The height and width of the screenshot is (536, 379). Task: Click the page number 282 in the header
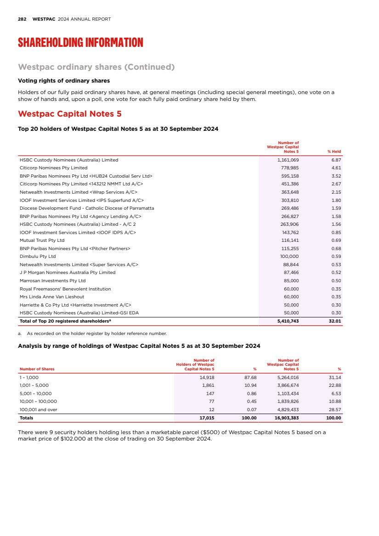pos(22,19)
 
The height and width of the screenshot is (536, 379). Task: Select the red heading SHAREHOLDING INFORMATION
pos(80,43)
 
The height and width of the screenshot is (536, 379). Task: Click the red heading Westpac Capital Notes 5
pos(69,113)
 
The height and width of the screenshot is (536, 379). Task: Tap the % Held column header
pos(334,151)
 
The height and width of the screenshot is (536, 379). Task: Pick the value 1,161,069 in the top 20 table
pos(288,160)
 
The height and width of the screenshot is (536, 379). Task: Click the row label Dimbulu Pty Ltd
pos(38,257)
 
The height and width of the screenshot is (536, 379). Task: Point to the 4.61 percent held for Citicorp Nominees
pos(336,168)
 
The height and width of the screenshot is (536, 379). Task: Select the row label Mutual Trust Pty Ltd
pos(42,240)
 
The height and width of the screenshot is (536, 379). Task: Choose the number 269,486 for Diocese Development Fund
pos(289,208)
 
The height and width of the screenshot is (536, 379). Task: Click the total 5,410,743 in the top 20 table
pos(288,321)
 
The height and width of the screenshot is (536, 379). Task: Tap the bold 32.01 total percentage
pos(335,321)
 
